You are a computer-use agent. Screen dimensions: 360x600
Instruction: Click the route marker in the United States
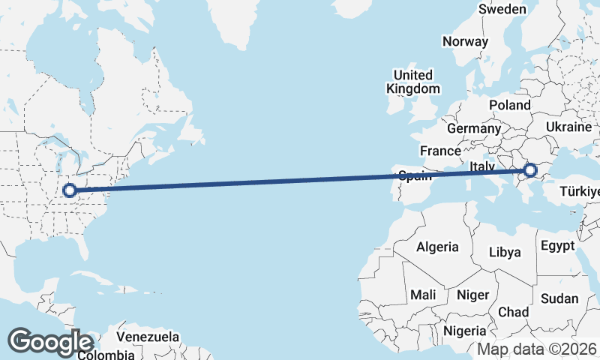(70, 190)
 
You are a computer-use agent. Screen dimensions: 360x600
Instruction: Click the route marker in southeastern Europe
(531, 171)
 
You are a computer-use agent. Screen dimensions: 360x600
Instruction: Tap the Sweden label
(502, 9)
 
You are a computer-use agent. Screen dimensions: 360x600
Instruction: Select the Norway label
(465, 41)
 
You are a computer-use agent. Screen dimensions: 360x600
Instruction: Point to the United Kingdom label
(413, 82)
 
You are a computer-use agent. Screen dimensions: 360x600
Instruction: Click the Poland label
(509, 105)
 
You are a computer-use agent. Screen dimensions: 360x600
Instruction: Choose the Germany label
(473, 128)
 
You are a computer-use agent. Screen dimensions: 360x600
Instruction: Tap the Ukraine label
(569, 127)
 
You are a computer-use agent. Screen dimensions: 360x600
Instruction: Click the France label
(440, 151)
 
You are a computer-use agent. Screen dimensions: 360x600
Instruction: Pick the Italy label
(481, 166)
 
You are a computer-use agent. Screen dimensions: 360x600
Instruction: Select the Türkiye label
(580, 191)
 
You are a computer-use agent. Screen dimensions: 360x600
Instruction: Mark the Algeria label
(437, 247)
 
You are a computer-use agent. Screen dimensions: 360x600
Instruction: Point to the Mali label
(423, 295)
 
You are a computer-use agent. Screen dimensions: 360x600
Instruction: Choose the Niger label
(472, 295)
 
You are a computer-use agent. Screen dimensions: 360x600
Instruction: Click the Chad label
(513, 311)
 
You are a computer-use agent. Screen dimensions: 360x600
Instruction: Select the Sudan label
(559, 298)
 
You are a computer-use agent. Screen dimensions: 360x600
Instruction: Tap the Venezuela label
(148, 336)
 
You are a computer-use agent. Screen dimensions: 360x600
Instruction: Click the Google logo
(50, 342)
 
